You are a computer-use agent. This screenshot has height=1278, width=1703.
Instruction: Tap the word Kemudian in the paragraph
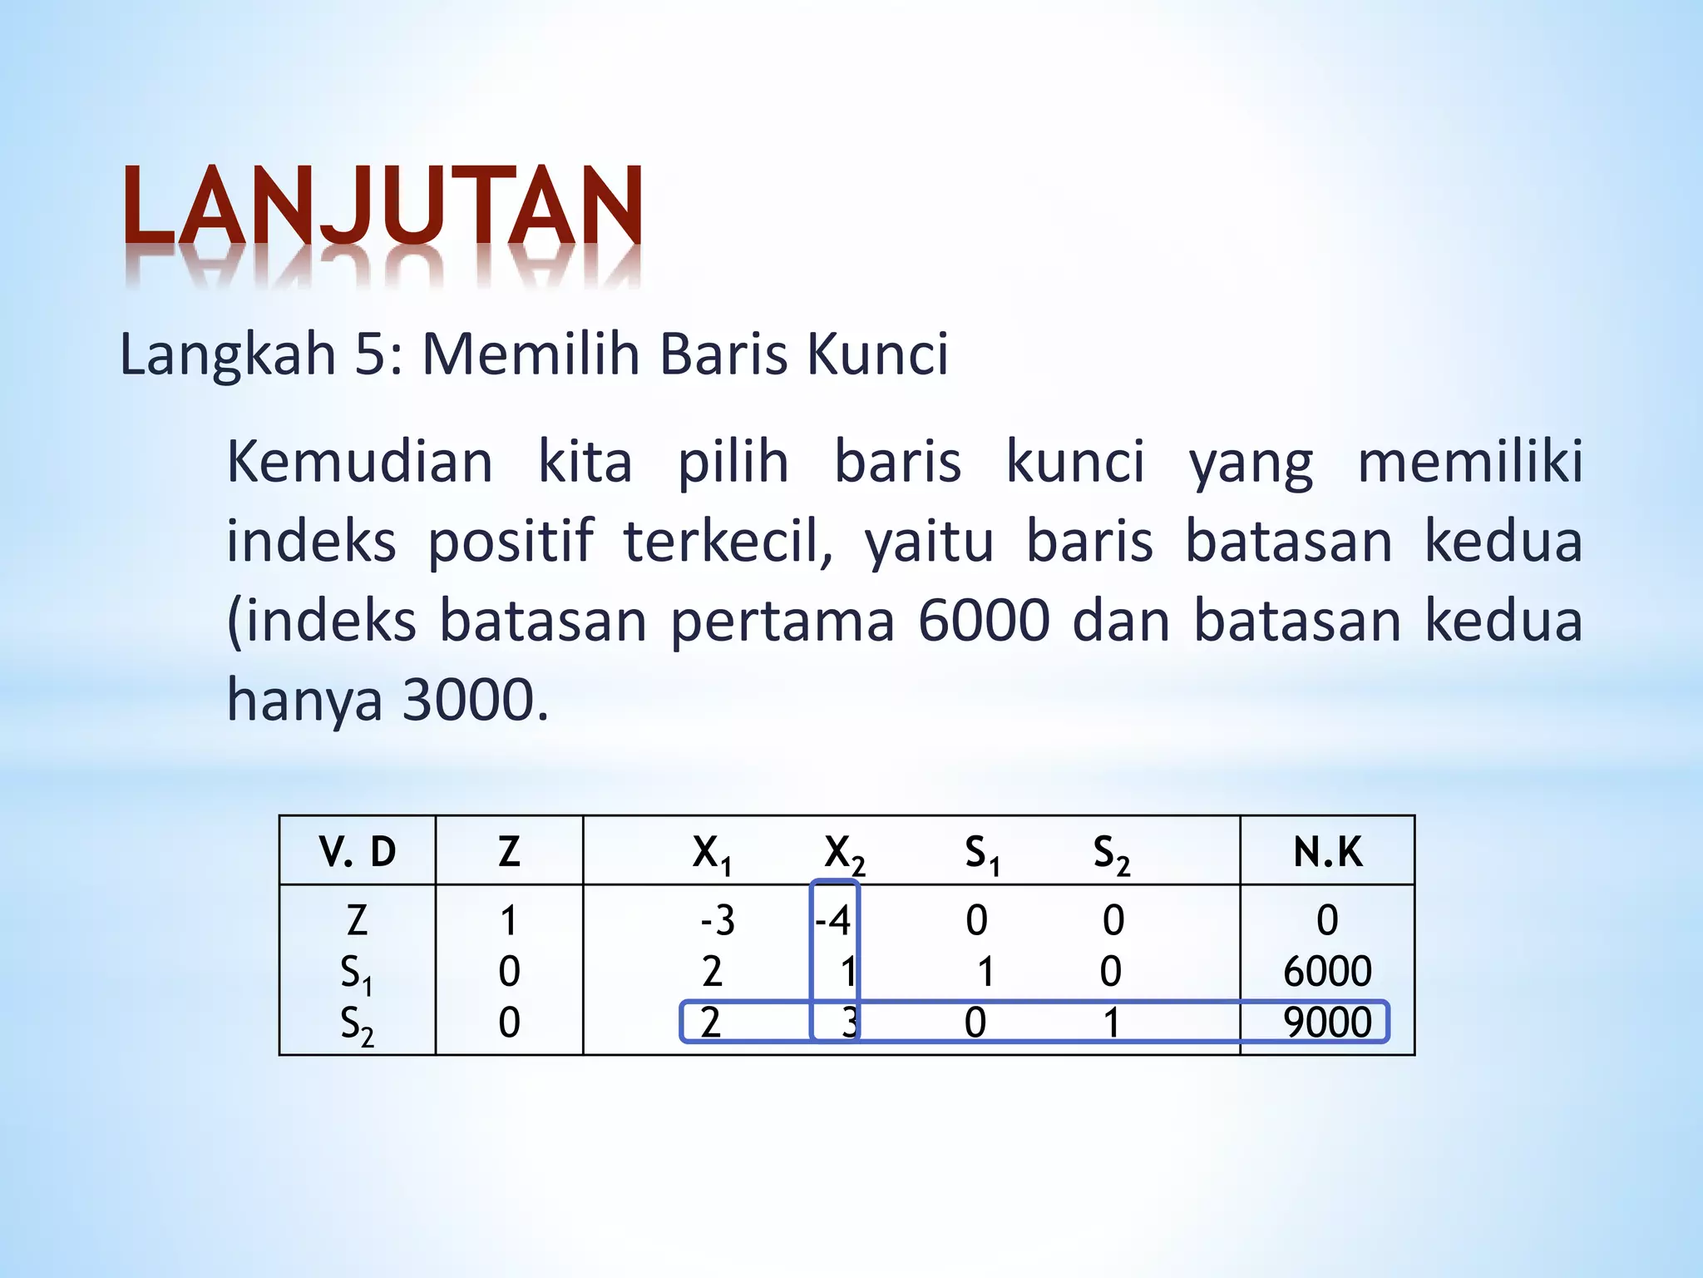pyautogui.click(x=359, y=463)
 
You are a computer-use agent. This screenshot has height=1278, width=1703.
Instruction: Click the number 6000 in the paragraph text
pyautogui.click(x=983, y=621)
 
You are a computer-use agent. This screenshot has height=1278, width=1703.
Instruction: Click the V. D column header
pyautogui.click(x=358, y=852)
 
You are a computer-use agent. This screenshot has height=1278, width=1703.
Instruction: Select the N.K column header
pyautogui.click(x=1327, y=852)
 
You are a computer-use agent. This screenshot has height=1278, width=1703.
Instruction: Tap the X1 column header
pyautogui.click(x=712, y=854)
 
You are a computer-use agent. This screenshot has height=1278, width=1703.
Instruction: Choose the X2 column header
pyautogui.click(x=844, y=854)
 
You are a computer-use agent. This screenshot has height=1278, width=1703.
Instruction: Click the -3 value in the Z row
pyautogui.click(x=717, y=921)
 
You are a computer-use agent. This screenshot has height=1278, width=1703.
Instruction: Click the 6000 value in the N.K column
pyautogui.click(x=1327, y=972)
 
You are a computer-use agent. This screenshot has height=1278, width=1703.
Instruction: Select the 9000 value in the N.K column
pyautogui.click(x=1327, y=1023)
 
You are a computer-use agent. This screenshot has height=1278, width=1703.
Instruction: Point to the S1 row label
pyautogui.click(x=356, y=973)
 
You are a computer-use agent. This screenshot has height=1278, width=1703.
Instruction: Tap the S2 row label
pyautogui.click(x=356, y=1024)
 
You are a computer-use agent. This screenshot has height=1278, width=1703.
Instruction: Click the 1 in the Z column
pyautogui.click(x=509, y=921)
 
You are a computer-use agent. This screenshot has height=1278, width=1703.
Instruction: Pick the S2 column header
pyautogui.click(x=1111, y=854)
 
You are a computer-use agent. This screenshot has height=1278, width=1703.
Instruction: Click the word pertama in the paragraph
pyautogui.click(x=782, y=621)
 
